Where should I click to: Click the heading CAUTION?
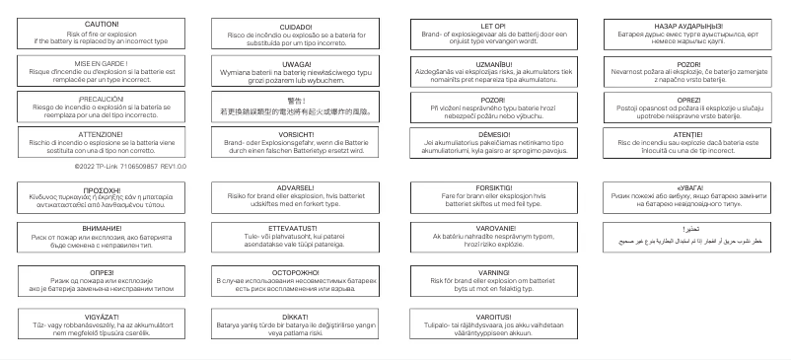click(102, 22)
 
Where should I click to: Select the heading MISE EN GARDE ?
click(102, 61)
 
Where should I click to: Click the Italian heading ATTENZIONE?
click(102, 133)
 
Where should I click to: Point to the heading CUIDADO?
click(296, 28)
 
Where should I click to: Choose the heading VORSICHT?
click(296, 133)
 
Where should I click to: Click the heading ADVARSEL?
click(296, 187)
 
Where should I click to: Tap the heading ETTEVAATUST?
click(296, 228)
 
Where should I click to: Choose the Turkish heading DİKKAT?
click(296, 318)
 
